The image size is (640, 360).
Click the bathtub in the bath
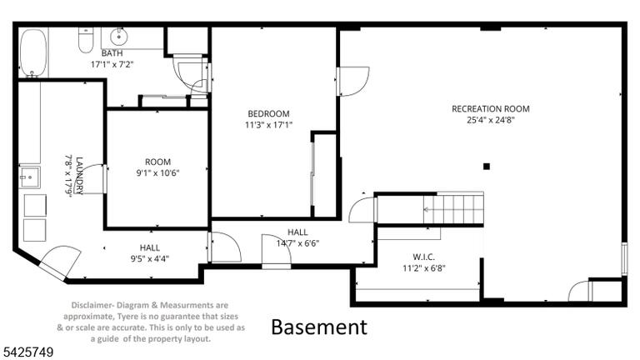tap(34, 52)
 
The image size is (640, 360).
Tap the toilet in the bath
tap(86, 40)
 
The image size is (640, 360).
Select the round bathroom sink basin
tap(119, 37)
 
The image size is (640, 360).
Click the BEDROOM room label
tap(268, 114)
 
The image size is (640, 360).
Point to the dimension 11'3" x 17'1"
tap(268, 125)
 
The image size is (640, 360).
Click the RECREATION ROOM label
tap(491, 109)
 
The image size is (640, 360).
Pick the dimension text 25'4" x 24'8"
tap(491, 120)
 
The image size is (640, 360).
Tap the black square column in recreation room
tap(486, 166)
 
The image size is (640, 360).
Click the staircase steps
tap(453, 209)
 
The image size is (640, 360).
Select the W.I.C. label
tap(423, 257)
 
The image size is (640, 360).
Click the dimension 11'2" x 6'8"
tap(423, 268)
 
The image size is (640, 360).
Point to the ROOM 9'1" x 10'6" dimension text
tap(158, 173)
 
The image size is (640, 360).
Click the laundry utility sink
tap(29, 177)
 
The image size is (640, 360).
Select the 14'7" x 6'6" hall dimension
tap(297, 243)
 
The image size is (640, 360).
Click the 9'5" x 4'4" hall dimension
tap(150, 258)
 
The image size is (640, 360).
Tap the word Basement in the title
tap(319, 327)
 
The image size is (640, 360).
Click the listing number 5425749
tap(28, 352)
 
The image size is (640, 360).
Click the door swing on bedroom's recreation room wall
tap(353, 81)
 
